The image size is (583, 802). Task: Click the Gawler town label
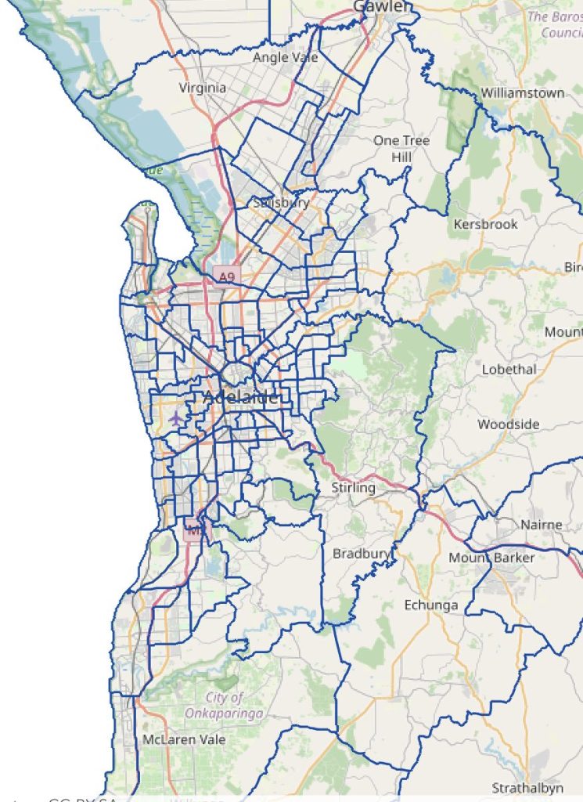click(x=382, y=7)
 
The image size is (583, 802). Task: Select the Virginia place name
click(x=203, y=88)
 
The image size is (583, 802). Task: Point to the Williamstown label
click(x=522, y=92)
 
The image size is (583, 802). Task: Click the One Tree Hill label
click(x=401, y=148)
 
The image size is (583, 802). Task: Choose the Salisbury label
click(x=282, y=203)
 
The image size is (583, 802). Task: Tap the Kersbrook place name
click(x=485, y=224)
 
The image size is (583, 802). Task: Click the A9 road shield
click(x=227, y=276)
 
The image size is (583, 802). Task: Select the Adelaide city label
click(x=240, y=397)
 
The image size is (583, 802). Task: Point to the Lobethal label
click(x=509, y=369)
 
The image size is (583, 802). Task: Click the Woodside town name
click(x=509, y=424)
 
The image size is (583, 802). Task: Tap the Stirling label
click(x=354, y=487)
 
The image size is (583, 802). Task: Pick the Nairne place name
click(x=542, y=524)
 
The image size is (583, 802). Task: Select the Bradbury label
click(x=361, y=554)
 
